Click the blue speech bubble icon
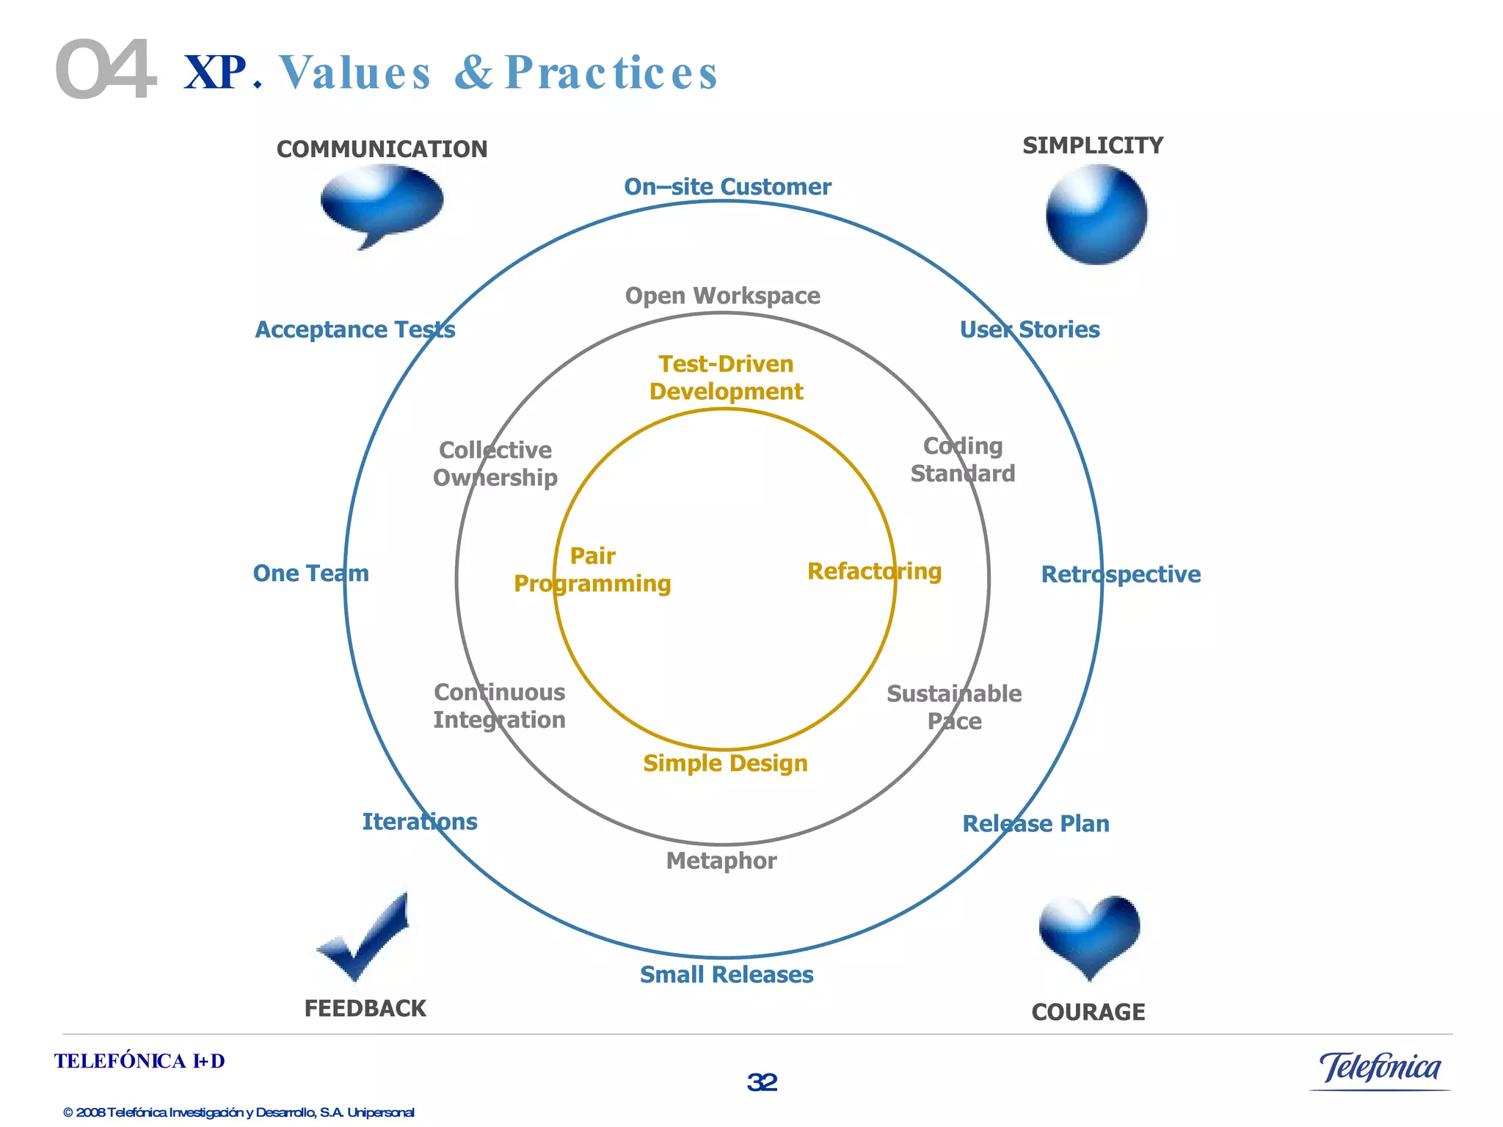click(382, 202)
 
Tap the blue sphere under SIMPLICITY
click(1096, 214)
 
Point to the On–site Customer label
click(727, 187)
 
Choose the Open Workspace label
click(723, 296)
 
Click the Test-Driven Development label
click(727, 378)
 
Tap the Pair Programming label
click(592, 570)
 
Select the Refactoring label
click(874, 572)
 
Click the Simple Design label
click(725, 764)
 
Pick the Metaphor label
click(721, 861)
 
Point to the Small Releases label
click(727, 975)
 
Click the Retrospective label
click(1121, 575)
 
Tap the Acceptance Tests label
click(355, 330)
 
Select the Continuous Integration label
click(499, 707)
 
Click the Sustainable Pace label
click(954, 708)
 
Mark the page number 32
click(763, 1082)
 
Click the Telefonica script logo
click(1380, 1068)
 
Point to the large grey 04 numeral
click(106, 70)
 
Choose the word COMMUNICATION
click(382, 150)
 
